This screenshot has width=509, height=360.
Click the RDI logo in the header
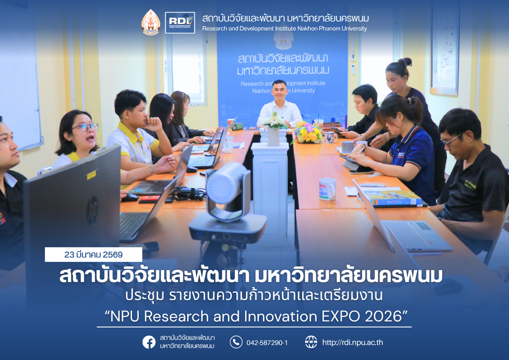click(180, 23)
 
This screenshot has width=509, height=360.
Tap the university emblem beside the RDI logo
click(151, 22)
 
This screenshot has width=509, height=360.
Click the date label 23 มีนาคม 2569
click(93, 255)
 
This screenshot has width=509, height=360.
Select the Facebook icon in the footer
click(149, 342)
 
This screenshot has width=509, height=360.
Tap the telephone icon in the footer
click(236, 342)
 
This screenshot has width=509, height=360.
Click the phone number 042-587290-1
click(266, 342)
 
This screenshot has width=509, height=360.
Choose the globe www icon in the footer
click(311, 342)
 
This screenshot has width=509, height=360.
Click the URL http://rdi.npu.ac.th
click(352, 342)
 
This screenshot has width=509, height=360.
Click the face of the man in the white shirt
click(279, 90)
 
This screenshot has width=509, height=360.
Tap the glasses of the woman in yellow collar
click(86, 127)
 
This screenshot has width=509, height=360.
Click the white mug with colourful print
click(327, 189)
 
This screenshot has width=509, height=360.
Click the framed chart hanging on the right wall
click(444, 47)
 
